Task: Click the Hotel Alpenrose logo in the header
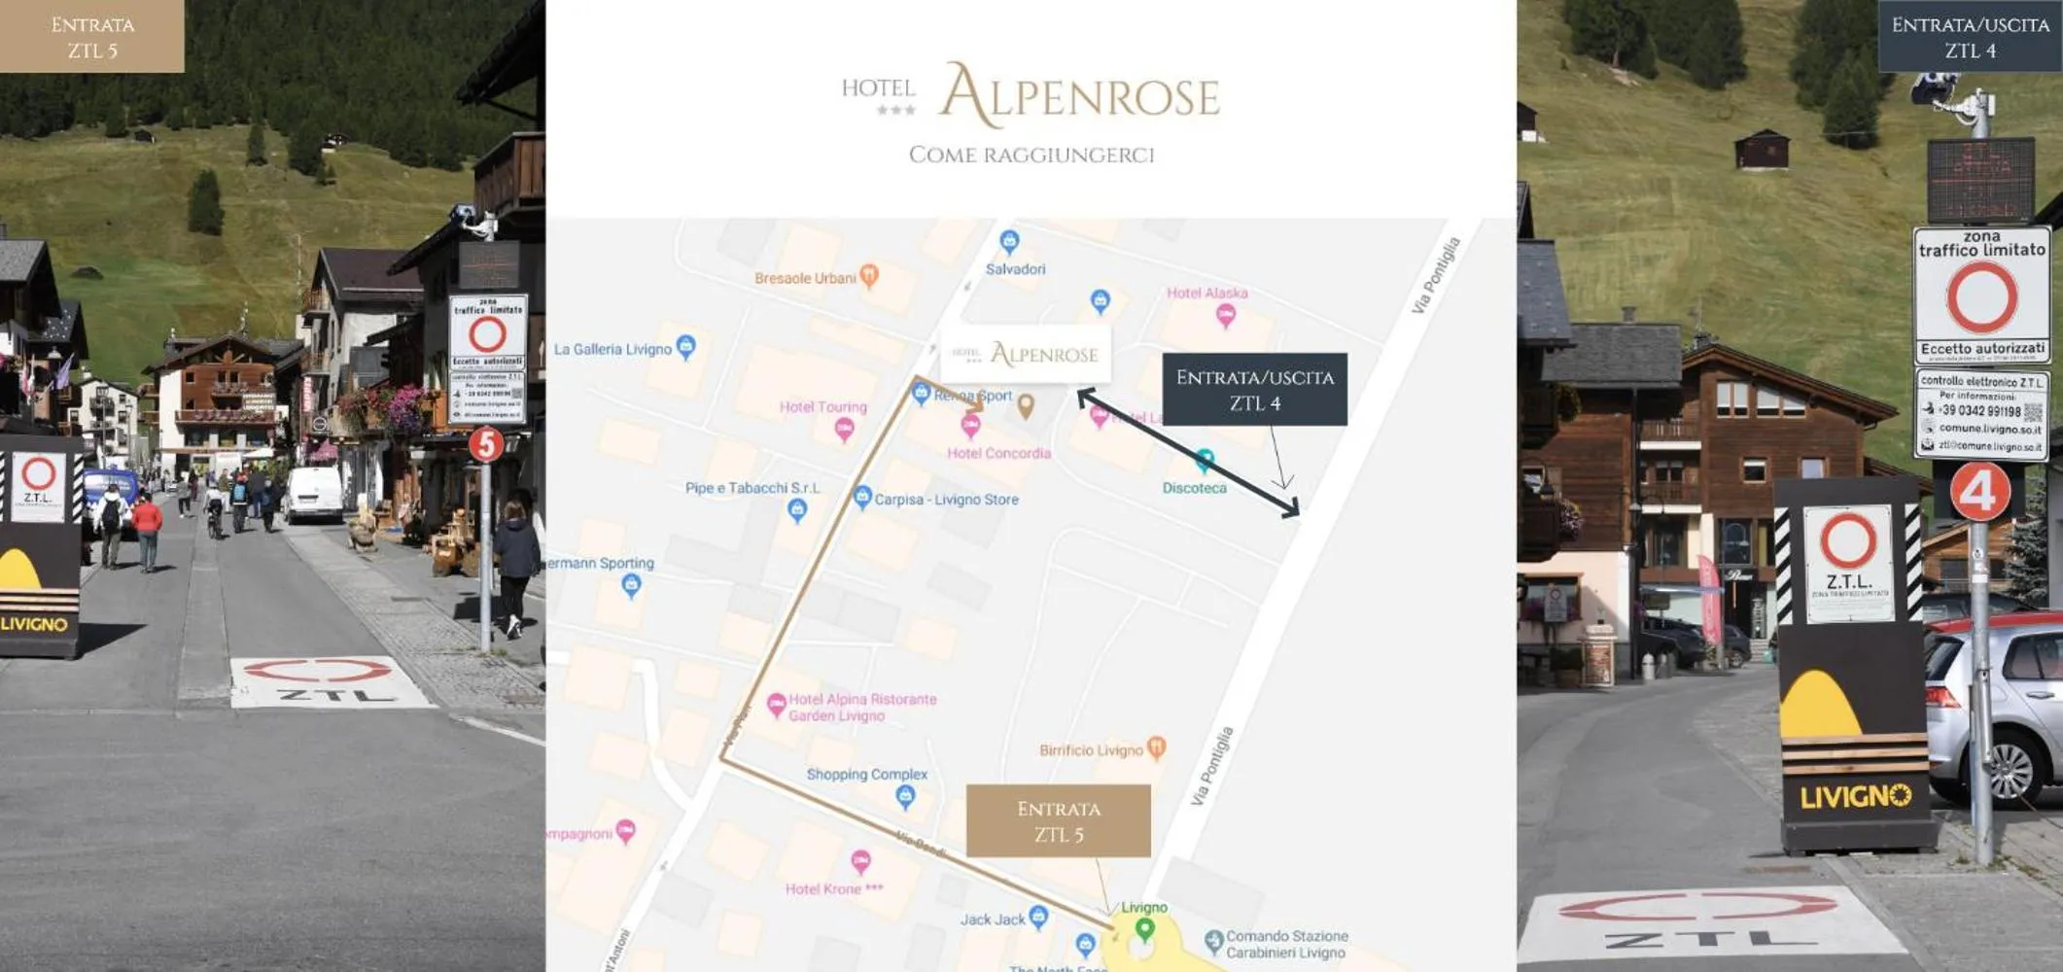click(1031, 95)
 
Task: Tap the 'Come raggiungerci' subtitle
click(1031, 156)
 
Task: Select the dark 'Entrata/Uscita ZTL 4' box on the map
click(1254, 390)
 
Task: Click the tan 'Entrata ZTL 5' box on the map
click(1058, 821)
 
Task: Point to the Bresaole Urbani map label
click(806, 278)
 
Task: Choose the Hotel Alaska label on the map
click(1206, 293)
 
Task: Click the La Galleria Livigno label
click(612, 349)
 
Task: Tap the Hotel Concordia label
click(998, 453)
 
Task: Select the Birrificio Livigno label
click(1091, 750)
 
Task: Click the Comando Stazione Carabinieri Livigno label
click(1286, 944)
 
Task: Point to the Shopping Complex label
click(866, 775)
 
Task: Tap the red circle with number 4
click(1979, 492)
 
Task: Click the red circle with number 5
click(486, 444)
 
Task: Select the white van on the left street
click(314, 493)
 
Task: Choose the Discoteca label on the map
click(1194, 488)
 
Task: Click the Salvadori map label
click(1015, 269)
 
